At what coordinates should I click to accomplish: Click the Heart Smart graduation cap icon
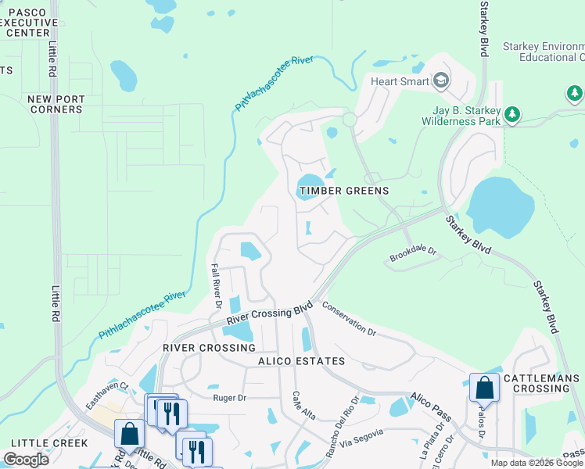click(x=441, y=81)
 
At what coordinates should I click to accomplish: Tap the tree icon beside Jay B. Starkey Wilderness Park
click(x=512, y=116)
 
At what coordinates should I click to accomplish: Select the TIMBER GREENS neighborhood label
click(x=343, y=191)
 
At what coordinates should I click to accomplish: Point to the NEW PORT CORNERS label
click(x=55, y=104)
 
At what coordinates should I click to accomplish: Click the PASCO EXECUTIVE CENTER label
click(x=29, y=23)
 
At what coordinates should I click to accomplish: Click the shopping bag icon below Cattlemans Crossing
click(x=484, y=388)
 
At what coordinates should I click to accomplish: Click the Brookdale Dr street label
click(x=412, y=256)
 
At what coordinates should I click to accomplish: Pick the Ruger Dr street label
click(x=231, y=397)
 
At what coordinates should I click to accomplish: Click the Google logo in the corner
click(x=26, y=460)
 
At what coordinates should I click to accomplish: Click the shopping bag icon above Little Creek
click(x=129, y=432)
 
